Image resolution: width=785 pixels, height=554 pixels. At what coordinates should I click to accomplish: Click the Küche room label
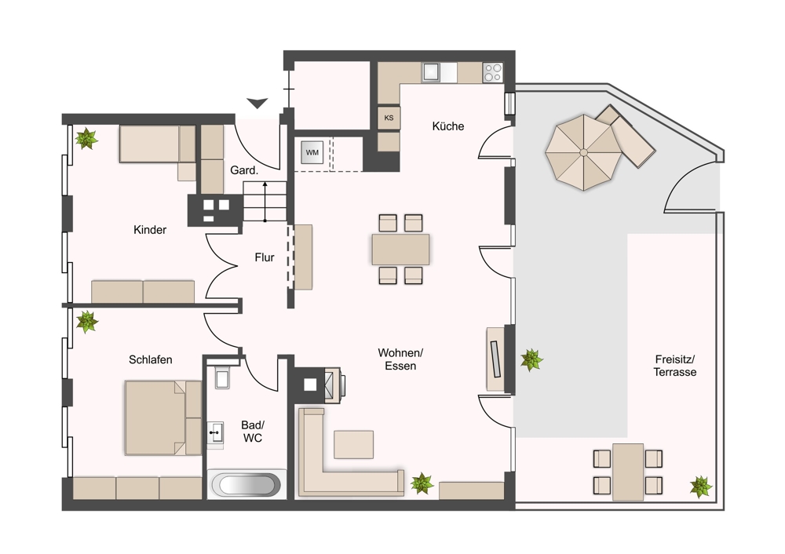448,126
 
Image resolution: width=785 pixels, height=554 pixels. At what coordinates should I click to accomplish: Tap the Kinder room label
150,230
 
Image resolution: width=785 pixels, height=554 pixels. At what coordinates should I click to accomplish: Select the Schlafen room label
150,359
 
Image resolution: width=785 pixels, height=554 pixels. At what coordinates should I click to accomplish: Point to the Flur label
265,257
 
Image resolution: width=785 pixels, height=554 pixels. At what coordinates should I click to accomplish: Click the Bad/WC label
253,432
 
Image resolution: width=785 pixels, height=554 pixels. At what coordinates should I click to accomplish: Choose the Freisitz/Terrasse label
675,366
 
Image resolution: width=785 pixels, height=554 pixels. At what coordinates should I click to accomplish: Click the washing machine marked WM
312,153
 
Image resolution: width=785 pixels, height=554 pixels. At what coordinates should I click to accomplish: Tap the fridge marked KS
389,118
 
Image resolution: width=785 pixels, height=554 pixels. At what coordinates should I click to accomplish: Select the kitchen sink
430,72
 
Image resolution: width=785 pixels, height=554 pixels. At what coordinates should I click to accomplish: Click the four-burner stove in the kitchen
493,72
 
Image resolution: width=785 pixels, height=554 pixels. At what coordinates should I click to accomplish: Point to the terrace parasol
583,152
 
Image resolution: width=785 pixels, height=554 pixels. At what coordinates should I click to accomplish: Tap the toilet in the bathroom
222,377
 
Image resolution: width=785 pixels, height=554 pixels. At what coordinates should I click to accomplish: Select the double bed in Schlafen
163,417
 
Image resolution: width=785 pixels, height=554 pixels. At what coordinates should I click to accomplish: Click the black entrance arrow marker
257,103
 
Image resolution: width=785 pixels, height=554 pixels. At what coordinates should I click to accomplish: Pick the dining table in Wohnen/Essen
400,250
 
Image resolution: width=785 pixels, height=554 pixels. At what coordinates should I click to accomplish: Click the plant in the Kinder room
86,139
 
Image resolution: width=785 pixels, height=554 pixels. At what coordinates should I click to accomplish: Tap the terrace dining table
628,472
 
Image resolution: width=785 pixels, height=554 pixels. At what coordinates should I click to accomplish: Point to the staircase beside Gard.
265,201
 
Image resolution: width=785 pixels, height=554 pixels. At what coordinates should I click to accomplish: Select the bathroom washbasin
216,432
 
